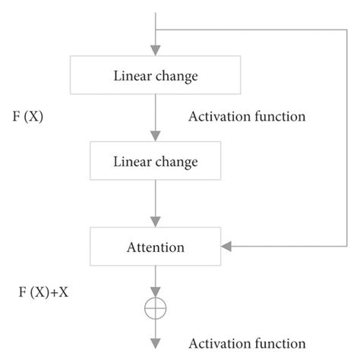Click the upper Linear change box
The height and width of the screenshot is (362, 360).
[x=156, y=76]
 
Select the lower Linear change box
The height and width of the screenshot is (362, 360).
[x=156, y=162]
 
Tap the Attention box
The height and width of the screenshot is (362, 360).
[x=156, y=247]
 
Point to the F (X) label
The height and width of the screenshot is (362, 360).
[x=28, y=118]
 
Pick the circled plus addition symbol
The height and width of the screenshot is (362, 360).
[x=156, y=308]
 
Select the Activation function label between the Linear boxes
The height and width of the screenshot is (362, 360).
[x=247, y=117]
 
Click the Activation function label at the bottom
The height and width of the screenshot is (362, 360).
[x=247, y=344]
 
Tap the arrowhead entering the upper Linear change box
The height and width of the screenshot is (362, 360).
[x=156, y=50]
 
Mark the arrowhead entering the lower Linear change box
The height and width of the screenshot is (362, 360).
[x=156, y=136]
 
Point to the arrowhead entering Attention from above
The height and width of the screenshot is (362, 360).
[x=156, y=221]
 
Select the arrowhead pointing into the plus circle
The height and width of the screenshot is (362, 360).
[x=156, y=292]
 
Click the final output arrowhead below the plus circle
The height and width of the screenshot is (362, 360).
[x=156, y=344]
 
